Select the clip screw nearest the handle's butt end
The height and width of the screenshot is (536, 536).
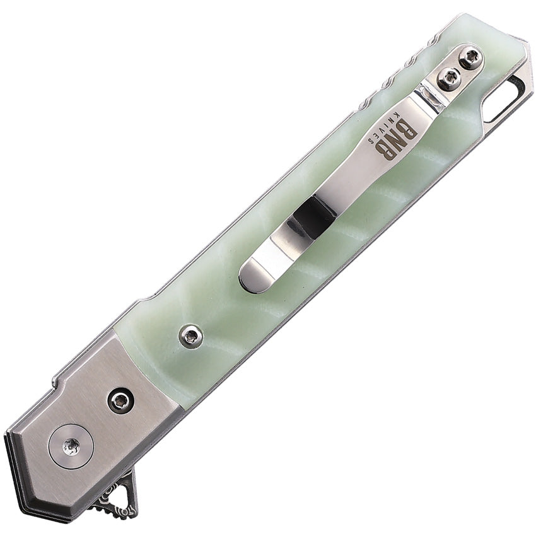tap(470, 59)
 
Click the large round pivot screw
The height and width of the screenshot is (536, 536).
tap(71, 446)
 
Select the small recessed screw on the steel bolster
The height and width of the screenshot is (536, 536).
tap(120, 400)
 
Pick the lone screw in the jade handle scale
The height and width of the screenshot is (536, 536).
tap(190, 336)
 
